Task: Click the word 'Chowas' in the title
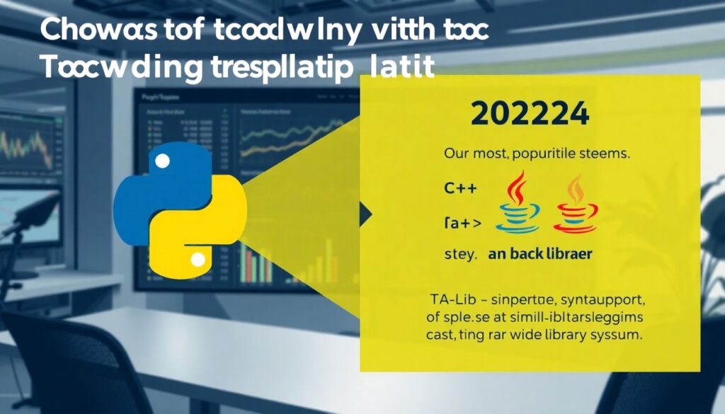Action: [85, 32]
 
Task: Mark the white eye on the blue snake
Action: [162, 162]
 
